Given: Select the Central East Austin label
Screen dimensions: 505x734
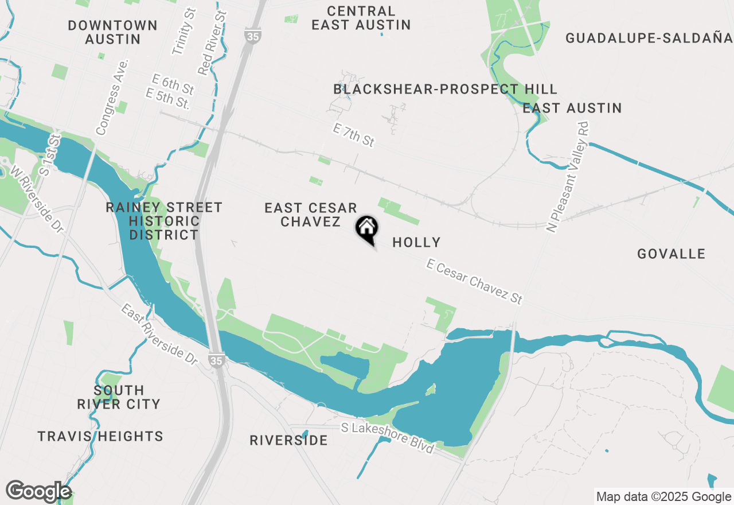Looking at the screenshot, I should coord(361,18).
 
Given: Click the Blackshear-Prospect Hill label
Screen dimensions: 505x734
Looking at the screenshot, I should coord(445,89).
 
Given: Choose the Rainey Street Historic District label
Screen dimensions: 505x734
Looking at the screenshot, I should coord(164,221).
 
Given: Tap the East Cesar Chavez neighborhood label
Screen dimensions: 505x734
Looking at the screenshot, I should coord(311,215).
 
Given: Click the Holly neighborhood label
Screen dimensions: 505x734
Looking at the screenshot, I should coord(416,243).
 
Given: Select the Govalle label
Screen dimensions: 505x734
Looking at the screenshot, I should coord(671,254).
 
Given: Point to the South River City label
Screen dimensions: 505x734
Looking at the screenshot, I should coord(119,397).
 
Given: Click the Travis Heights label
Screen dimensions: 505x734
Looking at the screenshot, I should coord(100,437).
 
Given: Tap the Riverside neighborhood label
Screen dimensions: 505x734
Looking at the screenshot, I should coord(288,441).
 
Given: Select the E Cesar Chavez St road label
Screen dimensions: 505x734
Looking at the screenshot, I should coord(474,281).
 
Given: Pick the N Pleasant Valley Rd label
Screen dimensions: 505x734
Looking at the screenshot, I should coord(568,177).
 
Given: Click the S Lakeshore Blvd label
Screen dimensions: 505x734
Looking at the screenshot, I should coord(387,437).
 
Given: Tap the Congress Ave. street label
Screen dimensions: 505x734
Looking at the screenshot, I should coord(112,97).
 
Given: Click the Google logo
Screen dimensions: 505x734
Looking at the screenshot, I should coord(38,492).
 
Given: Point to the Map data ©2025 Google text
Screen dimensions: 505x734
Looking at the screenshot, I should coord(663,497).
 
